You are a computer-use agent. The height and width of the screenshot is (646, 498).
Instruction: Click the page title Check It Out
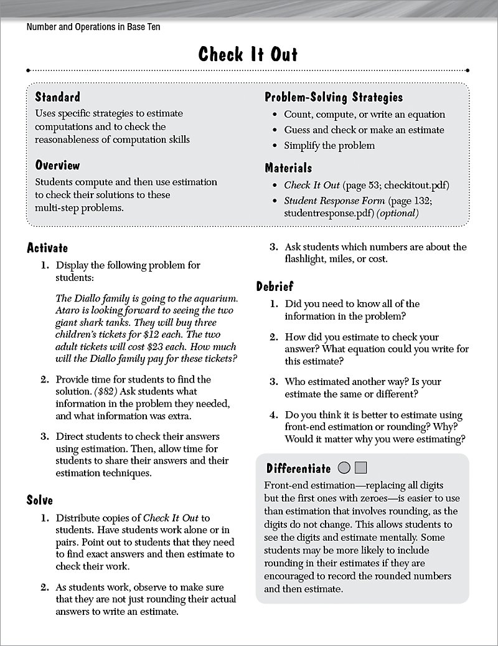(x=248, y=54)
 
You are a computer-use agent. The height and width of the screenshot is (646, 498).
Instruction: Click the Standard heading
(x=57, y=97)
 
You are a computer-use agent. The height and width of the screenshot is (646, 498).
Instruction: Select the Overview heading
(x=57, y=165)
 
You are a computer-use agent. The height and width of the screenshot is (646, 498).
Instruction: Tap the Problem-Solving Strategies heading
(x=334, y=97)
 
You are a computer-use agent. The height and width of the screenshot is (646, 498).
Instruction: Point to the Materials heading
(x=288, y=168)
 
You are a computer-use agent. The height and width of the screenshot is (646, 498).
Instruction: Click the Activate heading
(x=47, y=249)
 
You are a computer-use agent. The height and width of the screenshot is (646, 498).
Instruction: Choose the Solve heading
(x=40, y=500)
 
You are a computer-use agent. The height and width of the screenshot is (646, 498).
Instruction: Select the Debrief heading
(x=275, y=287)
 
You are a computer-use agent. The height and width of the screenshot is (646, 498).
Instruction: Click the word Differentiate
(x=299, y=468)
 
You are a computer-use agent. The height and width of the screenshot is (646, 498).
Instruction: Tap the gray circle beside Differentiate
(x=344, y=468)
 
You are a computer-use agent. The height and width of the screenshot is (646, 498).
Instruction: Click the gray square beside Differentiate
(x=362, y=468)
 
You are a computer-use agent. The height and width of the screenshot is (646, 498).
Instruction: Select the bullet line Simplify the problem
(x=329, y=145)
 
